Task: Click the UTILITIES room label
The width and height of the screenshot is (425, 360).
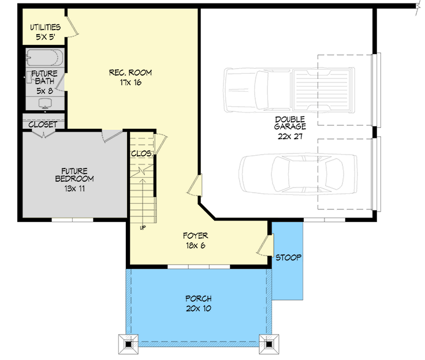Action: (x=44, y=28)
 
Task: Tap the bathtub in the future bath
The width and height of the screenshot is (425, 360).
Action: (x=44, y=59)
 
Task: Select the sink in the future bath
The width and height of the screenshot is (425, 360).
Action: (x=44, y=103)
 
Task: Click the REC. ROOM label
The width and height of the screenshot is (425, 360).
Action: (x=130, y=73)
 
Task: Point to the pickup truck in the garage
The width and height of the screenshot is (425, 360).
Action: (x=289, y=89)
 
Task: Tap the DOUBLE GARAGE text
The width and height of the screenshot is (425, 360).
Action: (x=290, y=123)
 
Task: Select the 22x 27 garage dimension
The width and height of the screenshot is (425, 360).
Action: (x=290, y=137)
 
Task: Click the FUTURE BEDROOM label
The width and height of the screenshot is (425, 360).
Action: (x=74, y=175)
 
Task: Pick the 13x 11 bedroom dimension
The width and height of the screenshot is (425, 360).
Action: (x=74, y=189)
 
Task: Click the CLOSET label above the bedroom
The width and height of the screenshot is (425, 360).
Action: (x=43, y=125)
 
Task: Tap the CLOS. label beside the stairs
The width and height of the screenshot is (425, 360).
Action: (x=141, y=154)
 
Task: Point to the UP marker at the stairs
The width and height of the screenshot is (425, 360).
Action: (x=142, y=227)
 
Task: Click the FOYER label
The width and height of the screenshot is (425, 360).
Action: (x=195, y=235)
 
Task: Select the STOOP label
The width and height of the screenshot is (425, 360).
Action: (x=288, y=257)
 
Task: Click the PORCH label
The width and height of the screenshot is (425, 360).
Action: (x=198, y=299)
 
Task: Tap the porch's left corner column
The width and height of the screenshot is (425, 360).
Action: (x=129, y=344)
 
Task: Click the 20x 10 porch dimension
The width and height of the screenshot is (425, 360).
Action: (x=198, y=309)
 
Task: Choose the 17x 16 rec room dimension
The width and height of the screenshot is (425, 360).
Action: (x=130, y=82)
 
